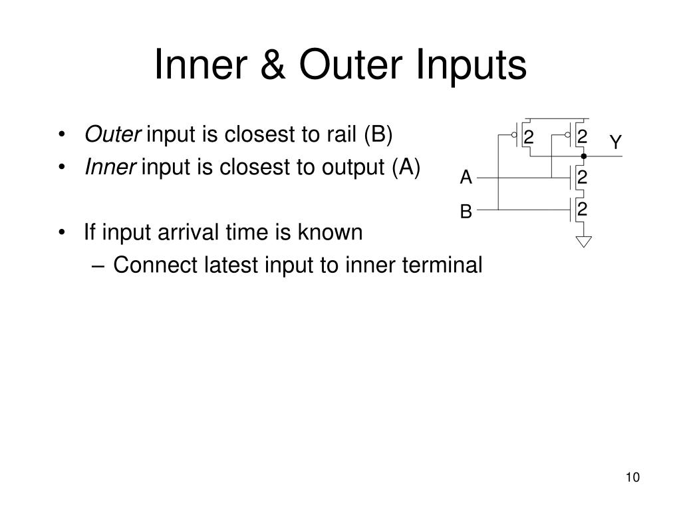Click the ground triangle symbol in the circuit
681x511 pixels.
point(583,241)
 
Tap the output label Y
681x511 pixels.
point(615,142)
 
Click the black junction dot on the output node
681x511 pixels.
point(583,156)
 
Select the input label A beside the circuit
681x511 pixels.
point(466,178)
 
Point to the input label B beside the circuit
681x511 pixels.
point(466,212)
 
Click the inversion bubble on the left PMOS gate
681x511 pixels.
point(514,135)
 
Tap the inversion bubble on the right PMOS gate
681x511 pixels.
point(567,135)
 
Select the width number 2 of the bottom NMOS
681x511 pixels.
point(582,210)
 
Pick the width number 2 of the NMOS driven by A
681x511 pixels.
point(582,178)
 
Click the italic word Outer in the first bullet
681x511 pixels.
point(112,134)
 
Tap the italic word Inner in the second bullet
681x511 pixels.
point(110,168)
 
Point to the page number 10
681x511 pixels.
point(632,478)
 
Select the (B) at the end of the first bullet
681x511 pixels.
point(378,134)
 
